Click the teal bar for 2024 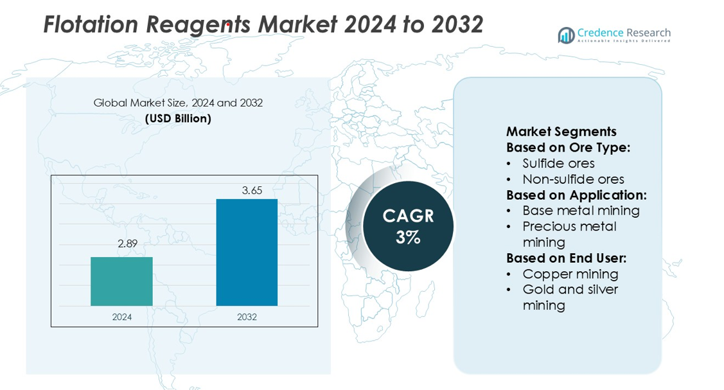pyautogui.click(x=121, y=281)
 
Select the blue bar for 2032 pyautogui.click(x=247, y=253)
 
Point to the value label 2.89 pyautogui.click(x=127, y=244)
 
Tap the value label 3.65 pyautogui.click(x=252, y=190)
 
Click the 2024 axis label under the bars pyautogui.click(x=121, y=317)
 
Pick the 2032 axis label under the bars pyautogui.click(x=247, y=317)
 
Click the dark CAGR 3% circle pyautogui.click(x=408, y=226)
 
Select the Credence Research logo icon pyautogui.click(x=566, y=35)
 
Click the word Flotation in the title pyautogui.click(x=91, y=25)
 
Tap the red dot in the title pyautogui.click(x=228, y=25)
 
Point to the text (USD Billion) pyautogui.click(x=178, y=118)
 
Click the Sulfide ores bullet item pyautogui.click(x=558, y=163)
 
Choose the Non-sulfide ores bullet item pyautogui.click(x=573, y=179)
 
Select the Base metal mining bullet pyautogui.click(x=581, y=211)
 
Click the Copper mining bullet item pyautogui.click(x=570, y=274)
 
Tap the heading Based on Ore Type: pyautogui.click(x=568, y=147)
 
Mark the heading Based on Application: pyautogui.click(x=576, y=195)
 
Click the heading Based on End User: pyautogui.click(x=566, y=258)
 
